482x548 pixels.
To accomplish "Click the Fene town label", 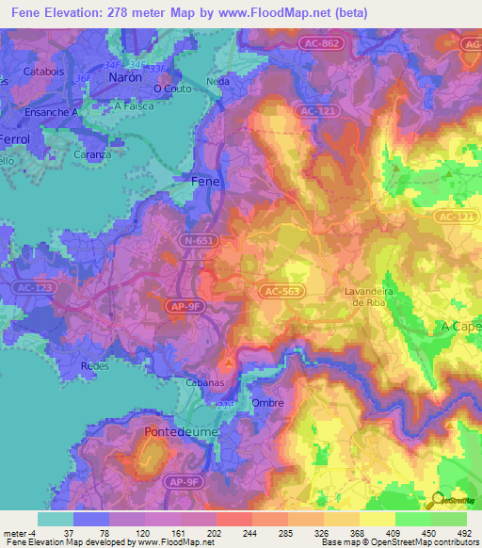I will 206,180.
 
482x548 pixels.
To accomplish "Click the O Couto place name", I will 171,89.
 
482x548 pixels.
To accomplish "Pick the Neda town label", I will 217,82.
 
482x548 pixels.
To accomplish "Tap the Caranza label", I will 93,153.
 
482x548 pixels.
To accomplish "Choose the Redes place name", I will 96,364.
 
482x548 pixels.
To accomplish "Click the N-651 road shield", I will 199,241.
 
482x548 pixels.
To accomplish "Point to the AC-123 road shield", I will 36,287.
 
